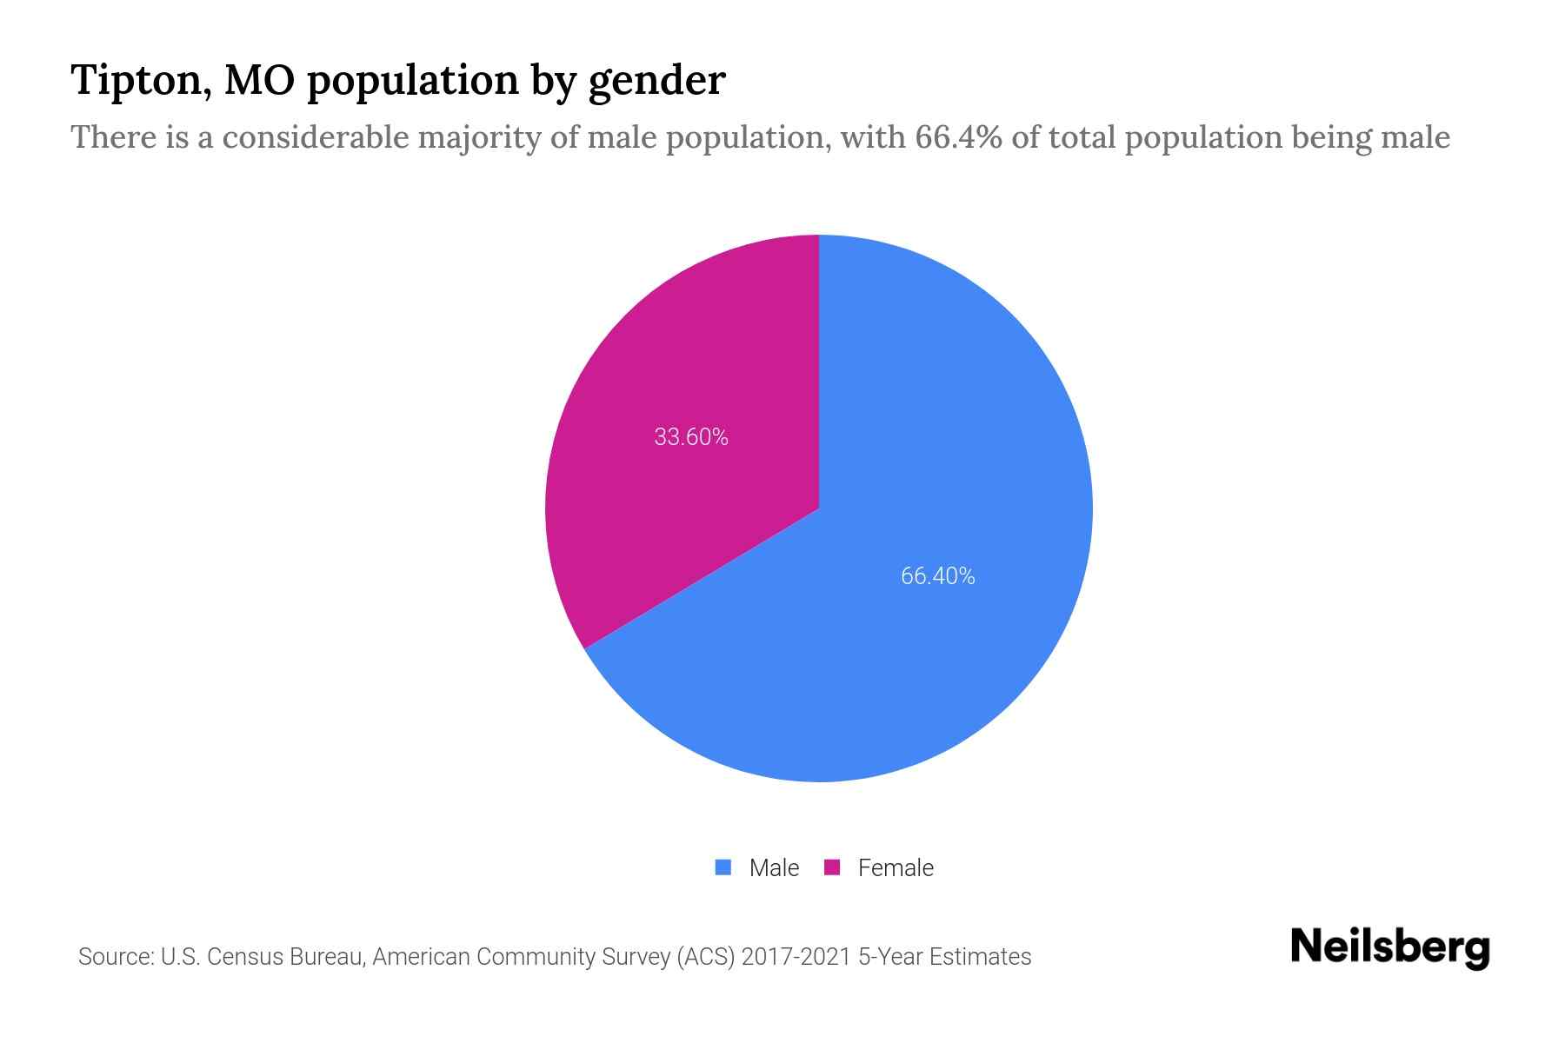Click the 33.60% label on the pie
tap(690, 436)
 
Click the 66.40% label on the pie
tap(937, 575)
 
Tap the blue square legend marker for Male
tap(723, 867)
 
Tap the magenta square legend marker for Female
tap(832, 867)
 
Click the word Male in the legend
tap(774, 867)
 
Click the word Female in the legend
tap(896, 867)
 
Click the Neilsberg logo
tap(1389, 948)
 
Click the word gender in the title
tap(656, 82)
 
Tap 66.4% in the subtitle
tap(957, 137)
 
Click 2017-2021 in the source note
tap(796, 957)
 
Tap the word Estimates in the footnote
tap(980, 957)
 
